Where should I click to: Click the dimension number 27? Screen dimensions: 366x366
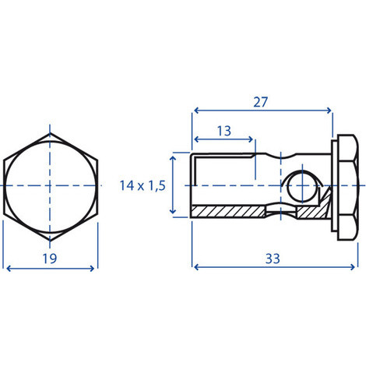point(260,102)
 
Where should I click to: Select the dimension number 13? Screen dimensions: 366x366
point(224,131)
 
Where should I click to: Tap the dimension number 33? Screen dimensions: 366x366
point(273,259)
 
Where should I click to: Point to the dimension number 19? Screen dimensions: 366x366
point(49,259)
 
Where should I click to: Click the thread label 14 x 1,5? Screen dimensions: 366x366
point(143,185)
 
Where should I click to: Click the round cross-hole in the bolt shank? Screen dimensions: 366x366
point(302,186)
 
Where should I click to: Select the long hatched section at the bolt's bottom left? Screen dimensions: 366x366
point(228,212)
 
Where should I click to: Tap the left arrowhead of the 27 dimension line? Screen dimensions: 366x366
point(196,111)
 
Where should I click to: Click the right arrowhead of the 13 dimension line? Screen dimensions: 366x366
point(251,139)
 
